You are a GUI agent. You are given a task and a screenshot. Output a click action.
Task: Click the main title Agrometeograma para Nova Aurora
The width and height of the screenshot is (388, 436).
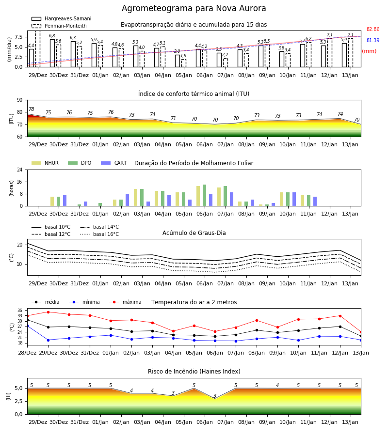194,8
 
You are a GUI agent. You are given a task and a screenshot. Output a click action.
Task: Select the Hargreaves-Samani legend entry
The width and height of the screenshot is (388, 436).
62,18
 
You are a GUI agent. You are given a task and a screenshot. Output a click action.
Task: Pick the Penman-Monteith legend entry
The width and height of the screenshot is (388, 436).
59,26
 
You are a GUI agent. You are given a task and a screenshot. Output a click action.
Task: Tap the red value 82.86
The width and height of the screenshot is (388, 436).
373,29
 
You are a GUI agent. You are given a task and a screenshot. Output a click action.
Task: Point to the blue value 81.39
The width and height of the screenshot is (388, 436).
373,40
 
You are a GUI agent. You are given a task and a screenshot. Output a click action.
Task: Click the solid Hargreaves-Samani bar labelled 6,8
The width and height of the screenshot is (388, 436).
52,53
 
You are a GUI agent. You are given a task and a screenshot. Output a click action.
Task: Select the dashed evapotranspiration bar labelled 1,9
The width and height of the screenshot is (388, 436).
183,63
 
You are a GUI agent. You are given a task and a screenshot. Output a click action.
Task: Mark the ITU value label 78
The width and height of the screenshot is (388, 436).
32,109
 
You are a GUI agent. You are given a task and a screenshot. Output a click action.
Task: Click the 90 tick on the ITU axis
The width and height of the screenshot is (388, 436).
20,100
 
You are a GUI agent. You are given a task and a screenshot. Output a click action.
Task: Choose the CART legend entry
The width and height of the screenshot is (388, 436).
114,163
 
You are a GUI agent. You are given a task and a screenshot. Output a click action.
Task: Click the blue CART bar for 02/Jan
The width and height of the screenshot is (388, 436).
127,200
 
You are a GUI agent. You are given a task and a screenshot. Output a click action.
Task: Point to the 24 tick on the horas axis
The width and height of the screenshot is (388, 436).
20,170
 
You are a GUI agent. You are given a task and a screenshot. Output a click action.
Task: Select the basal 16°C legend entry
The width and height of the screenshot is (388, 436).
99,234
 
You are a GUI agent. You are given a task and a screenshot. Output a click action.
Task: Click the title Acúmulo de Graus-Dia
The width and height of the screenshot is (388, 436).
194,233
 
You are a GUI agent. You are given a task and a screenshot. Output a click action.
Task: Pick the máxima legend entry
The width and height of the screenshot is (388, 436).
125,302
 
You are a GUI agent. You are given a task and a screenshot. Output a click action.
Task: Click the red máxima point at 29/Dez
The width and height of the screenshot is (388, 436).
48,312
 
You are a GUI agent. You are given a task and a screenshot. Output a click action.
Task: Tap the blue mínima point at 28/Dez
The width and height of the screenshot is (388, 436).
27,326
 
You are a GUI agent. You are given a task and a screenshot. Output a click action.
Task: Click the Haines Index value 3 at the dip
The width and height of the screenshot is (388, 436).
215,396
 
